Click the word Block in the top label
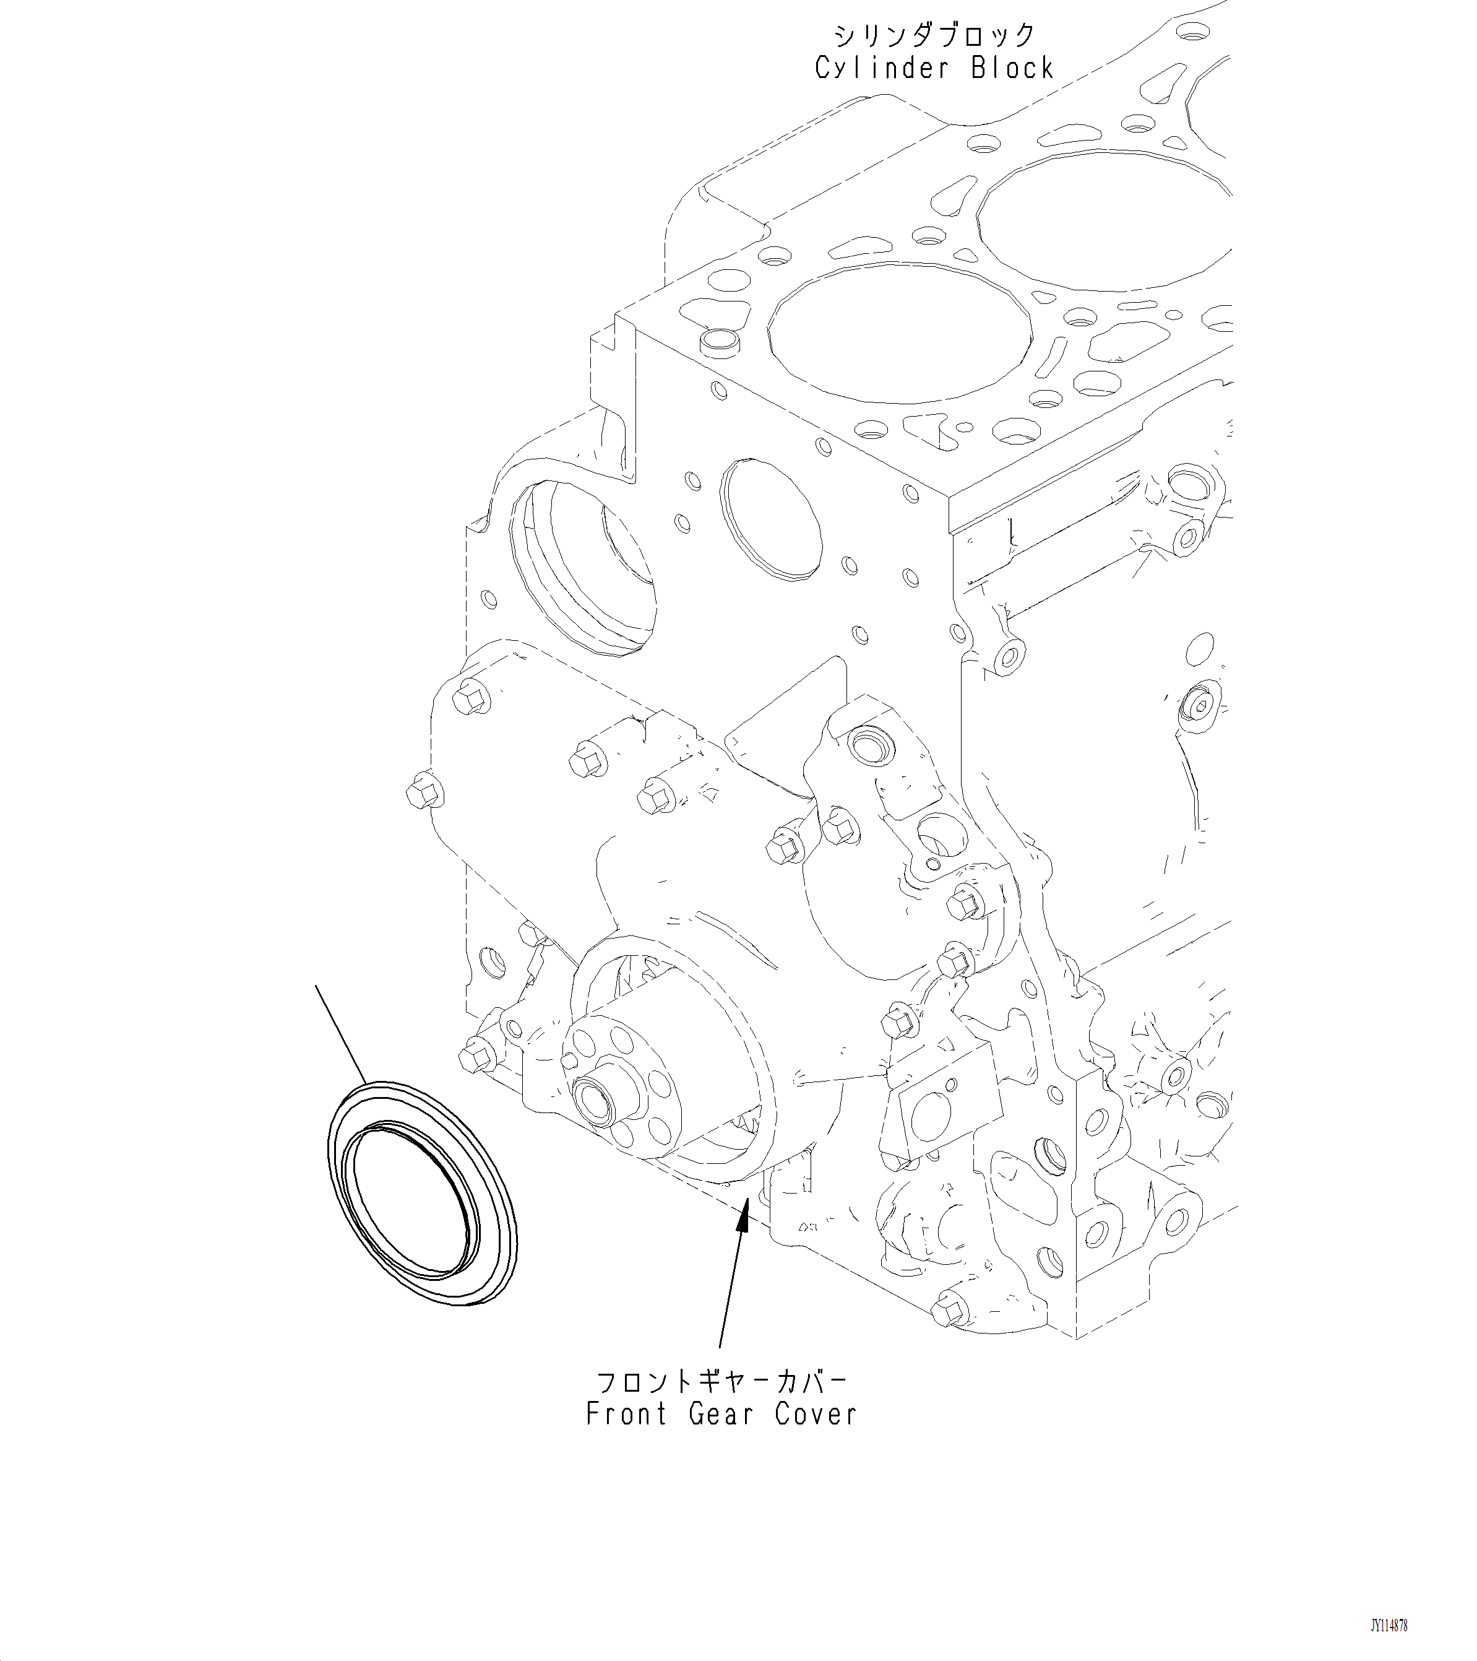1013,68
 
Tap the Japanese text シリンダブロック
934,36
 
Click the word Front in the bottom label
627,1415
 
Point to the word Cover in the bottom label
816,1415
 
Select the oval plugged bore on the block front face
771,520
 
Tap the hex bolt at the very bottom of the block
948,1310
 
